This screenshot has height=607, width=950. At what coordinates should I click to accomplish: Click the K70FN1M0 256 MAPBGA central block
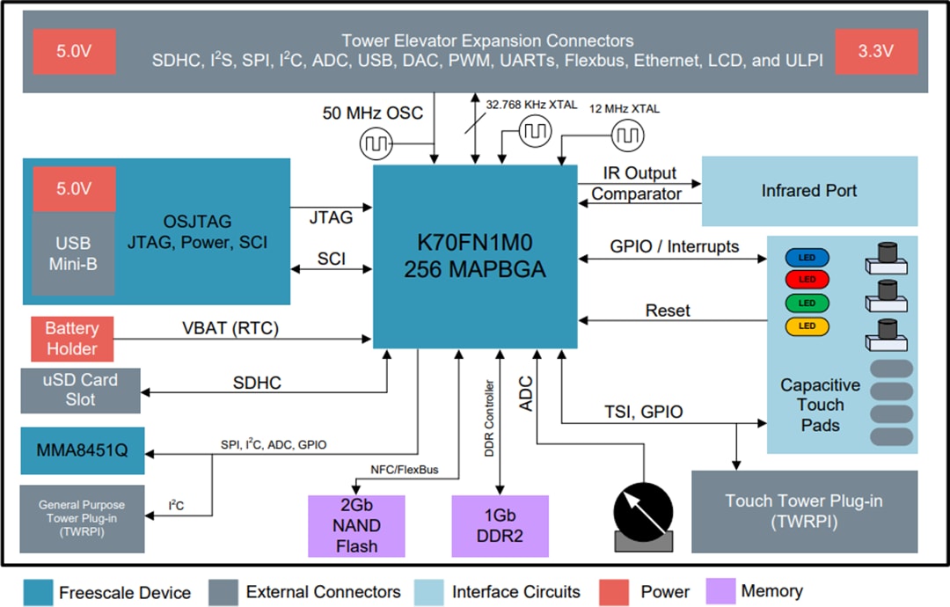475,255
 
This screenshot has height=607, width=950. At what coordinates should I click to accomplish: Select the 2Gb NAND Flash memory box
356,525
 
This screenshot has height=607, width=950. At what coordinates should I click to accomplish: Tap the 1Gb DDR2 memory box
500,525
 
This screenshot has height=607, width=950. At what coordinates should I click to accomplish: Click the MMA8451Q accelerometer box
83,450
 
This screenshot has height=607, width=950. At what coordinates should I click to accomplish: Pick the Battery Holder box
72,338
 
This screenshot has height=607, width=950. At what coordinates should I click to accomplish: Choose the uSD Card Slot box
80,391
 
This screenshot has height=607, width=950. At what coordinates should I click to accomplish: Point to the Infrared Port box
808,191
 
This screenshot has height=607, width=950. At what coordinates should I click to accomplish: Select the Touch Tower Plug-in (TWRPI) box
804,510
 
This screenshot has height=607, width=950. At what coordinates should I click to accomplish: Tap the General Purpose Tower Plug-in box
81,517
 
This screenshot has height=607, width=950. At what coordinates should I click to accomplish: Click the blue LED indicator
807,258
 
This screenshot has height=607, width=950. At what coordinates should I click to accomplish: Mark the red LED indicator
807,280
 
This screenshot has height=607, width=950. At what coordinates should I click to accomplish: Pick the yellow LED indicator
807,325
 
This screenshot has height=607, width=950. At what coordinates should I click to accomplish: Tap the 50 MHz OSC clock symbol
376,142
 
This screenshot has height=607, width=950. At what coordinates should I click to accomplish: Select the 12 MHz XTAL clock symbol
628,135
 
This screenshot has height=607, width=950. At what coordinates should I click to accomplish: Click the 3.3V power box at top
875,51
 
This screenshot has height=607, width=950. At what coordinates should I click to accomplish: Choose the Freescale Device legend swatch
37,592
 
